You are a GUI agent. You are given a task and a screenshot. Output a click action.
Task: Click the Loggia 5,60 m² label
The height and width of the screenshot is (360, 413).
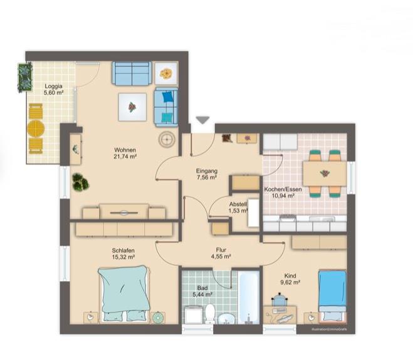click(53, 89)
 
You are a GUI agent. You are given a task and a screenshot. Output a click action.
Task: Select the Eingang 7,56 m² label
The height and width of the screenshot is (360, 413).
click(206, 174)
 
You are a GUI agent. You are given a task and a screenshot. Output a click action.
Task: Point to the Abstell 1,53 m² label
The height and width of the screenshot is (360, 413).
click(238, 208)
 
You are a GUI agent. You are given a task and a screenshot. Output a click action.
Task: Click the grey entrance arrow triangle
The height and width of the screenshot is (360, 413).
click(202, 120)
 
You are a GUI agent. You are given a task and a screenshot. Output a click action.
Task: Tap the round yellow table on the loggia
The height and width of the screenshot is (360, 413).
click(36, 130)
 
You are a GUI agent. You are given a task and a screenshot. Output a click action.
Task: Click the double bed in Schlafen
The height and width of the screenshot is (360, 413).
click(123, 292)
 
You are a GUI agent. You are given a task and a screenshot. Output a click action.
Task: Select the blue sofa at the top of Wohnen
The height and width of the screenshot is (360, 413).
click(132, 73)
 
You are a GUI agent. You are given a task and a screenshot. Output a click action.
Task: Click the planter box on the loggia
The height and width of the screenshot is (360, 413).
click(24, 78)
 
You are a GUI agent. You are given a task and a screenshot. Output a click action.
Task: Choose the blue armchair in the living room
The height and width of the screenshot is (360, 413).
click(166, 106)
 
